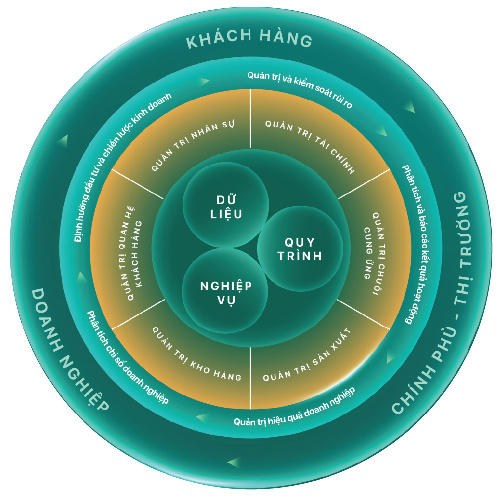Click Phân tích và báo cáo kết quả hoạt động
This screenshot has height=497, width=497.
[417, 244]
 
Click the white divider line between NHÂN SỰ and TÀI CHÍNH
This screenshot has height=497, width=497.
[250, 119]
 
